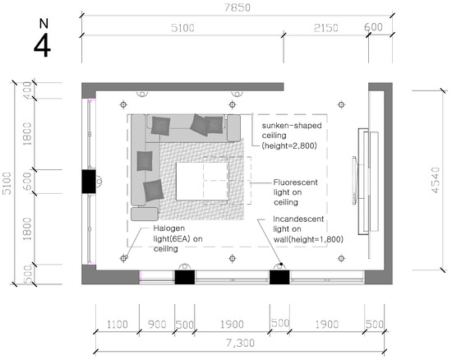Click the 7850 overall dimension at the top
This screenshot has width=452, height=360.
click(x=238, y=7)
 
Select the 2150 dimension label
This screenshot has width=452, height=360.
click(x=325, y=28)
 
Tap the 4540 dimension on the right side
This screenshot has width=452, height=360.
click(x=436, y=180)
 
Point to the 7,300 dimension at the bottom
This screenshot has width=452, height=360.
click(x=240, y=344)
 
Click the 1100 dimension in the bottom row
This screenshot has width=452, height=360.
click(x=117, y=325)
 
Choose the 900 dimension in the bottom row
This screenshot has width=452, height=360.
click(x=157, y=325)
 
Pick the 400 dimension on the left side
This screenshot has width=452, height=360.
click(x=27, y=90)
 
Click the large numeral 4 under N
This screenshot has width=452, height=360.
click(x=42, y=46)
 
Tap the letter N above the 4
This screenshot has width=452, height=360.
click(x=44, y=24)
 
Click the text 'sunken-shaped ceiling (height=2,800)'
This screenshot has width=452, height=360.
click(x=292, y=136)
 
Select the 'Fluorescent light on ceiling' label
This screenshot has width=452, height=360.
click(x=295, y=192)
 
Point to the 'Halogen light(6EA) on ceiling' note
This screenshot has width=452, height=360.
click(x=178, y=238)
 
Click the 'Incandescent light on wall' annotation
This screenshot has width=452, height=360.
click(x=308, y=229)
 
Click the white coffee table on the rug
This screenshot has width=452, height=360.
click(x=202, y=182)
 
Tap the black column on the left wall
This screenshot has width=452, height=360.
click(x=89, y=182)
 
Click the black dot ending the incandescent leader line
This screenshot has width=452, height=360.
click(x=281, y=264)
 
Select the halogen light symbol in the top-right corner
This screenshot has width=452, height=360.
click(x=341, y=104)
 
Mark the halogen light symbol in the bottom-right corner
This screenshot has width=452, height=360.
click(x=341, y=258)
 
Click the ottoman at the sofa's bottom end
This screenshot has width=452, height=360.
click(x=145, y=214)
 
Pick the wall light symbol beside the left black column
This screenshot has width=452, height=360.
click(x=99, y=182)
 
